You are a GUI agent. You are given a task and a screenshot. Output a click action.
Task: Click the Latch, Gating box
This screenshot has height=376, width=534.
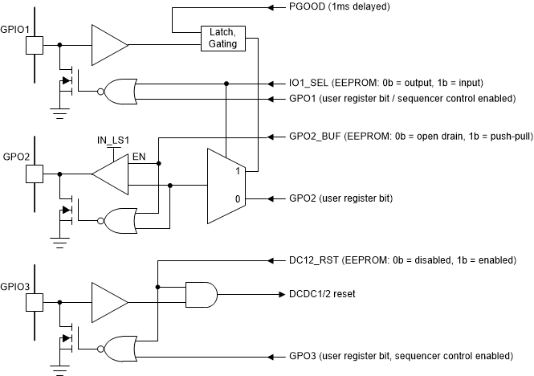point(222,38)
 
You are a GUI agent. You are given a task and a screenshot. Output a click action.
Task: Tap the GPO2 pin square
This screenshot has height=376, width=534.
point(35,174)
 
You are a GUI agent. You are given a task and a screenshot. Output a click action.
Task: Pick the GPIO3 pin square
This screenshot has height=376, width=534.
point(35,302)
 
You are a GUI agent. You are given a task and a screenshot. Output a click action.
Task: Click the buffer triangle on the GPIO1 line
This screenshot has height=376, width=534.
point(109,45)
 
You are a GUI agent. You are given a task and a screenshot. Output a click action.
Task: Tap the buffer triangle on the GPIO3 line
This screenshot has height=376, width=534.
point(109,302)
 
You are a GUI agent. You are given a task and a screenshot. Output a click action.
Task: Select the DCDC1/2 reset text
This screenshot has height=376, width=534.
point(321,294)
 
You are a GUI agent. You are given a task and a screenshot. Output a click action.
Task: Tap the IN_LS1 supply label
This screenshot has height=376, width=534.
point(114,140)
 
